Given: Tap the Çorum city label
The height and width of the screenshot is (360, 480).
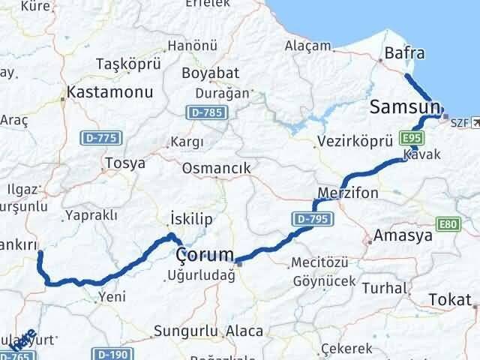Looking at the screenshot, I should coord(204,256).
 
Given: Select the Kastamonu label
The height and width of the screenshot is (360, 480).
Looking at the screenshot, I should coord(109,93).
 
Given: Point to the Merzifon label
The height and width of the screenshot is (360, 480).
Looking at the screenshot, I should coord(348,193).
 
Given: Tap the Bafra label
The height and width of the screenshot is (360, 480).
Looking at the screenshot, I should coord(404,53).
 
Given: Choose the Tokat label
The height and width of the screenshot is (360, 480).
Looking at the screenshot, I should coord(451,300).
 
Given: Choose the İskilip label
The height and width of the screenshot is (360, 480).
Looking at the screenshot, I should coord(192,218).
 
